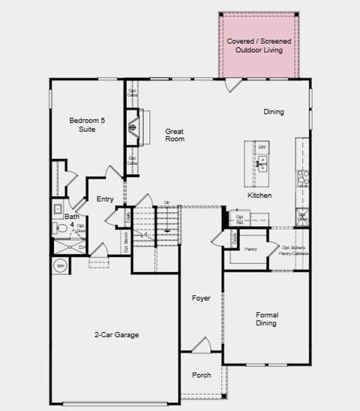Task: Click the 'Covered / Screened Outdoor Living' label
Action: click(x=259, y=46)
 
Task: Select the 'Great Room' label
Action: click(x=175, y=134)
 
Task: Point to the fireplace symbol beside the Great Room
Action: click(x=134, y=127)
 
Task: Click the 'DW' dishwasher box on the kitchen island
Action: click(x=262, y=147)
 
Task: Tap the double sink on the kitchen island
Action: click(x=262, y=162)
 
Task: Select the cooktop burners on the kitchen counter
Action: click(x=302, y=178)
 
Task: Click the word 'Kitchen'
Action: click(x=259, y=195)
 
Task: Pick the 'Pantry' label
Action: click(x=251, y=249)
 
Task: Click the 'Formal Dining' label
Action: click(x=267, y=319)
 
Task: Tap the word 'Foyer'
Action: click(x=201, y=299)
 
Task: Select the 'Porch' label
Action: click(x=201, y=375)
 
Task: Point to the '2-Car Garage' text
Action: click(x=117, y=335)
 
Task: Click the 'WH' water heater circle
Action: click(x=60, y=266)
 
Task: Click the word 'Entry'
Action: click(x=105, y=199)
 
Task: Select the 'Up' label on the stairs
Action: click(x=166, y=203)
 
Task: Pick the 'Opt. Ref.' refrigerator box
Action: click(x=240, y=219)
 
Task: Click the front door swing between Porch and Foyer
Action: click(x=201, y=346)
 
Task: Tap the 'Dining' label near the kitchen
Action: click(x=274, y=112)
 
